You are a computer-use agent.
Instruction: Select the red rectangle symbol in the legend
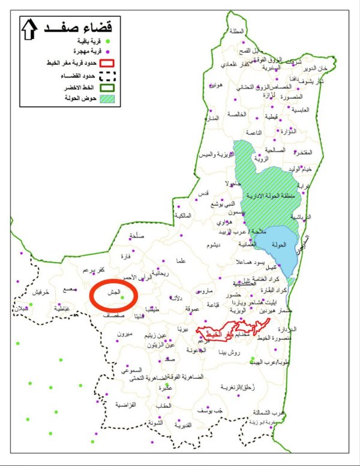(x=108, y=62)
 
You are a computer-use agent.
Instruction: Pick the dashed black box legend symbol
(x=108, y=76)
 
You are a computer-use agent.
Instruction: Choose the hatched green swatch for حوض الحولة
(x=108, y=98)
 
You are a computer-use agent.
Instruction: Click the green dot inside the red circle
(x=122, y=297)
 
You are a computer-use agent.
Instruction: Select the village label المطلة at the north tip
(x=236, y=31)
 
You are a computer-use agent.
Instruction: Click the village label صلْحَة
(x=137, y=236)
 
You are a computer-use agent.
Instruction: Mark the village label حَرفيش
(x=38, y=291)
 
